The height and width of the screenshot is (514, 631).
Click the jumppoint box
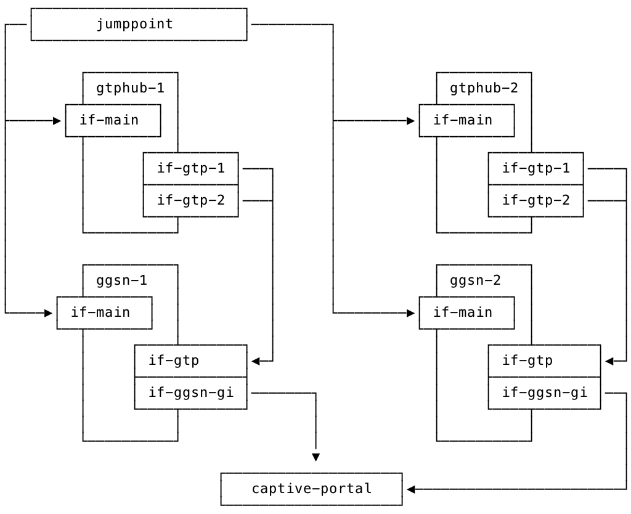(139, 25)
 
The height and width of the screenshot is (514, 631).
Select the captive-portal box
(311, 489)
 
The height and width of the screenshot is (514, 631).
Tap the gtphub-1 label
(130, 88)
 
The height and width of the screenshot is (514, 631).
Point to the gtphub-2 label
(484, 88)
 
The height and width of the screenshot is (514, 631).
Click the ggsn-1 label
(121, 280)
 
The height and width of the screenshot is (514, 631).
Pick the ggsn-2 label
(475, 280)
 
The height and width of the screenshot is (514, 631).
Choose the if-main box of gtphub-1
(113, 120)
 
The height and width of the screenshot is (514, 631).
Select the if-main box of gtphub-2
(466, 120)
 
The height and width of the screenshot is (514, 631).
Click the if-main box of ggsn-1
(104, 312)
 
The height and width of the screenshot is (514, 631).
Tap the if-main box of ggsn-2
(466, 312)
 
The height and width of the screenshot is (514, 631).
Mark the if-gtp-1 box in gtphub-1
(190, 168)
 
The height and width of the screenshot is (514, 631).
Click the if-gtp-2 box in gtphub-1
(190, 200)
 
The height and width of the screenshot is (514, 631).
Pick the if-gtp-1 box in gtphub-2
(535, 168)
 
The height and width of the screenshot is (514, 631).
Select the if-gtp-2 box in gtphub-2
(535, 200)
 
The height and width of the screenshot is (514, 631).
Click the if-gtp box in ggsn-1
(190, 361)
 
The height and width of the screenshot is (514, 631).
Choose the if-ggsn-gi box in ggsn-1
(190, 393)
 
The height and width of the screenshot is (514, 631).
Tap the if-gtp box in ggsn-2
(544, 361)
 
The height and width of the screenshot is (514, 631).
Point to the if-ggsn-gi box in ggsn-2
(544, 393)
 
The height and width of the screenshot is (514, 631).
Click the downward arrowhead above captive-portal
(316, 457)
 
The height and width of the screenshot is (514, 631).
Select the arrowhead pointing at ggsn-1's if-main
(49, 313)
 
